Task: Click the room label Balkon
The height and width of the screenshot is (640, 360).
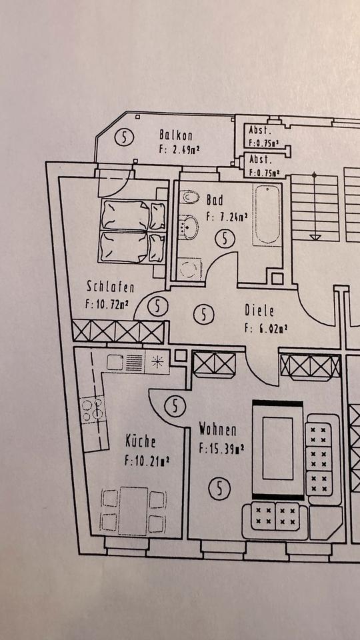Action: (176, 135)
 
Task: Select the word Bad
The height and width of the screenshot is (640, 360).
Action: (215, 199)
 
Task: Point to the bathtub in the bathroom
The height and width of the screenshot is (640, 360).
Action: (268, 215)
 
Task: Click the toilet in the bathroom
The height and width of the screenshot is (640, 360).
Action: (191, 198)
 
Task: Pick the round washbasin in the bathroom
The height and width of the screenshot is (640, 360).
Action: (189, 227)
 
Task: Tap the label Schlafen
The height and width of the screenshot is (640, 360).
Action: (111, 287)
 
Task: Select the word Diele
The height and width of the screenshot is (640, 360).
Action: (259, 310)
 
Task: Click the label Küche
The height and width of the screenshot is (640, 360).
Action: (141, 441)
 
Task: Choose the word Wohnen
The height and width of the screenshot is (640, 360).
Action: (217, 430)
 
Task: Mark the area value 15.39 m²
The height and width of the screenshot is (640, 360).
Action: (221, 448)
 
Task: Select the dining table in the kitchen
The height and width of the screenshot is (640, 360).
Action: (133, 510)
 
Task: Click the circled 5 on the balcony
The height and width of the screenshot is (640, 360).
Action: (124, 138)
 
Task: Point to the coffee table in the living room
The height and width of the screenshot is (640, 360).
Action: (278, 449)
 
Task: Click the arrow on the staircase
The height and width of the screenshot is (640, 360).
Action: (315, 236)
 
